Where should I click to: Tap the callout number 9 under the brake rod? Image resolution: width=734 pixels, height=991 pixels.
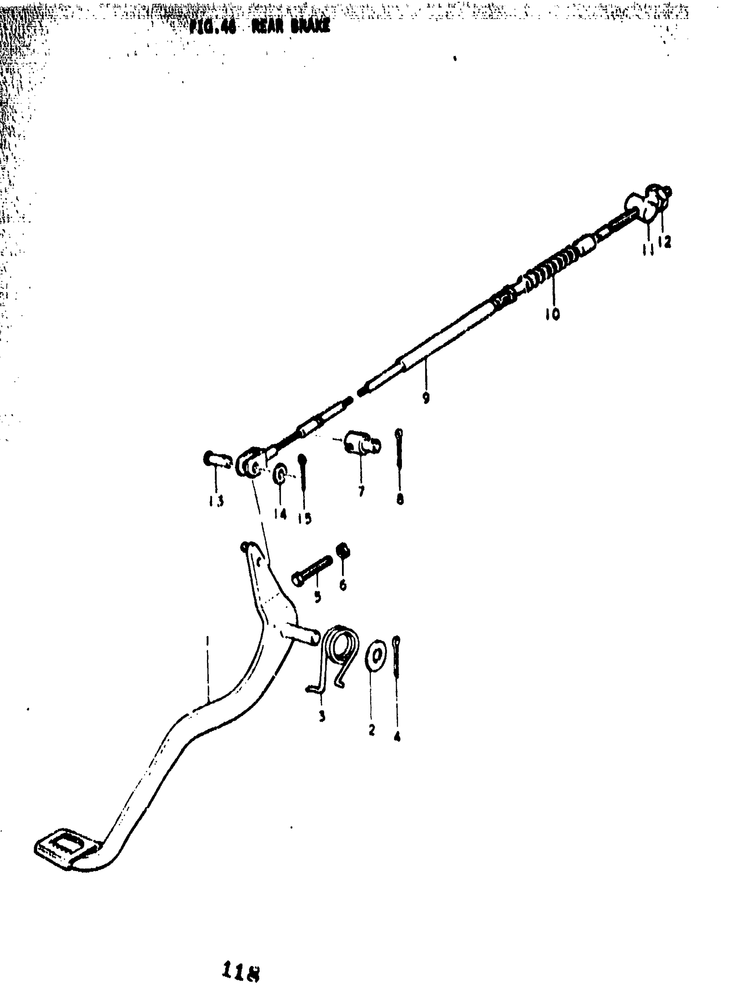[426, 398]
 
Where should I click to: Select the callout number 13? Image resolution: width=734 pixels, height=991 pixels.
[216, 501]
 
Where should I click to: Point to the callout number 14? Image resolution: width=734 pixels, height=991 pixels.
[280, 514]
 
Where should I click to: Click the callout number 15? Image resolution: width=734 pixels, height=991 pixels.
[304, 518]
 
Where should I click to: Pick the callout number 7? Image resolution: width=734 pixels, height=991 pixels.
[361, 491]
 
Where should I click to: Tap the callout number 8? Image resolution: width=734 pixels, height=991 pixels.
[400, 499]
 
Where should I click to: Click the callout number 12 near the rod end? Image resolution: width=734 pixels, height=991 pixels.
[664, 242]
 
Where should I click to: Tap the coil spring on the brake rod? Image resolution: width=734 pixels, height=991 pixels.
[551, 270]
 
